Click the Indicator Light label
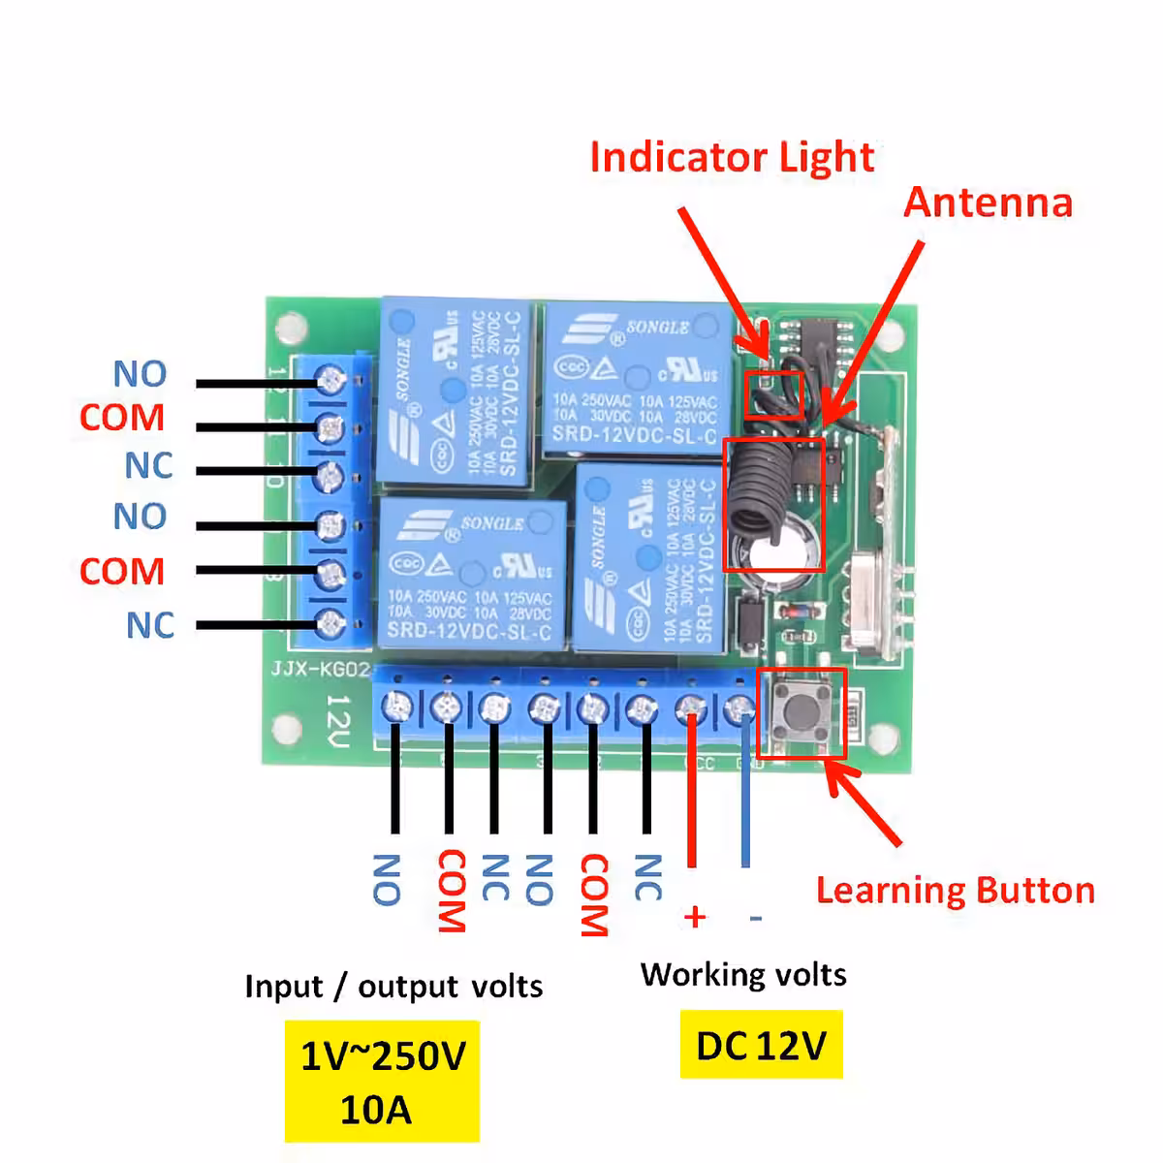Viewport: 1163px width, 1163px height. tap(732, 157)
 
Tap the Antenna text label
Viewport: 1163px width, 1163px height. tap(988, 202)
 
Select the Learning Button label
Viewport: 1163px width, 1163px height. tap(955, 890)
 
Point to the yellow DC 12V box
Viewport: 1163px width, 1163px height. tap(761, 1045)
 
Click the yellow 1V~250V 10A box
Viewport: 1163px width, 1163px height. tap(382, 1081)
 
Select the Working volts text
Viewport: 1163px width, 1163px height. tap(743, 973)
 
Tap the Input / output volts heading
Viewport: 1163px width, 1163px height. tap(393, 986)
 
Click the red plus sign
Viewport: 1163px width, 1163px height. tap(694, 916)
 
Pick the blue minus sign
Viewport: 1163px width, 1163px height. tap(756, 917)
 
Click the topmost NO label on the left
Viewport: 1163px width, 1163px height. tap(140, 373)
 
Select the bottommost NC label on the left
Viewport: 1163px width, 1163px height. tap(150, 625)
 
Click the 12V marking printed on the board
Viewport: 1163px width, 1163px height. tap(337, 722)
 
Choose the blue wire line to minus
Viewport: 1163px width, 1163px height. tap(745, 795)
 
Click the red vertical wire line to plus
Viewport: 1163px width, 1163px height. tap(691, 795)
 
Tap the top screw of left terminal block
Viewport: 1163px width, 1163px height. tap(331, 379)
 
